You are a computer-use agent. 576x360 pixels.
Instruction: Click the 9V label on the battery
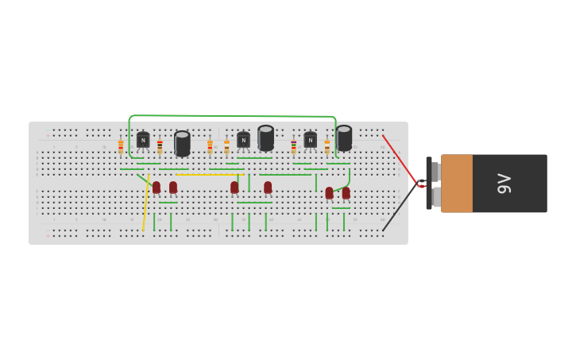click(504, 184)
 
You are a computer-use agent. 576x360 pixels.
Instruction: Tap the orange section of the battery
click(457, 184)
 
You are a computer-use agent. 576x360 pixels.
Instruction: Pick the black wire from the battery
click(399, 208)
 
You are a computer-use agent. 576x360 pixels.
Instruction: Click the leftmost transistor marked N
click(143, 140)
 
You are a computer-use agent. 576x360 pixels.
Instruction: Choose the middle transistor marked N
click(243, 140)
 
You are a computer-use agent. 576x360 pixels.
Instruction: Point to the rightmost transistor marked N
click(310, 140)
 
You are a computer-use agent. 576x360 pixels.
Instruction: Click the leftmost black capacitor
click(182, 143)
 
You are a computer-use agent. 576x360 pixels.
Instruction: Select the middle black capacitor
click(265, 138)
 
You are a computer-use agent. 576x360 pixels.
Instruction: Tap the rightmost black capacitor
click(344, 138)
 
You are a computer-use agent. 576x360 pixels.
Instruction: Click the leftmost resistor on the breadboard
click(121, 147)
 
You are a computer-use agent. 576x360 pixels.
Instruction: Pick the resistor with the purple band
click(293, 147)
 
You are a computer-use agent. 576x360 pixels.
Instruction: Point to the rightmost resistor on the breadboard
click(327, 147)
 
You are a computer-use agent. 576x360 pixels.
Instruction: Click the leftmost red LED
click(157, 188)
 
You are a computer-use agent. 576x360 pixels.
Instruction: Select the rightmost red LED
click(346, 192)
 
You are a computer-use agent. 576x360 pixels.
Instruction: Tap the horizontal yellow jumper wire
click(208, 175)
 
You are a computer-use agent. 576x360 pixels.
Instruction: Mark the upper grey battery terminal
click(435, 171)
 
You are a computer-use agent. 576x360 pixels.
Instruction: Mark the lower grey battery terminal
click(435, 196)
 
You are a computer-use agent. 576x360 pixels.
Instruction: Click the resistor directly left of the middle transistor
click(226, 147)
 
